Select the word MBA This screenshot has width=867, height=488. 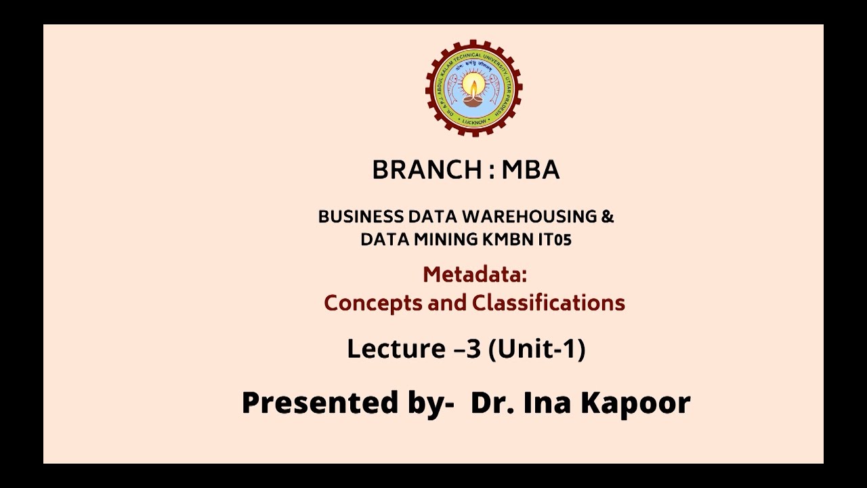tap(530, 170)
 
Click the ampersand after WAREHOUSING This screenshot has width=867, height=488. tap(608, 217)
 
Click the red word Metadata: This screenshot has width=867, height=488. tap(474, 274)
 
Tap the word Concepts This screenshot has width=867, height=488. tap(373, 302)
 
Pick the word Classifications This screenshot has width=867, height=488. tap(548, 302)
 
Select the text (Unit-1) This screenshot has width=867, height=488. tap(536, 348)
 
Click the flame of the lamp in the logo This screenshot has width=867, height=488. tap(473, 85)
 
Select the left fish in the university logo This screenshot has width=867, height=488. tap(452, 87)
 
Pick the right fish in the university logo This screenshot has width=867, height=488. tap(495, 87)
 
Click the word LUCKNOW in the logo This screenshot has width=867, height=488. tap(473, 122)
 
